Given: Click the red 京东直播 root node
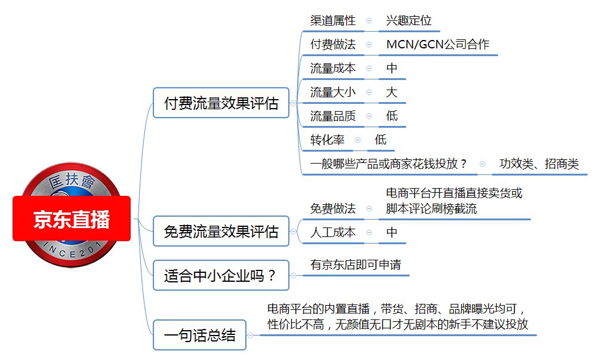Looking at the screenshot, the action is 72,219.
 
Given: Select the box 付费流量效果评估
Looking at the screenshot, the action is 221,103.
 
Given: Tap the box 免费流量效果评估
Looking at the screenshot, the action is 221,231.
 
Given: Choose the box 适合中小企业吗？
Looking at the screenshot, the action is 221,275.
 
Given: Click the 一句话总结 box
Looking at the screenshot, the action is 199,335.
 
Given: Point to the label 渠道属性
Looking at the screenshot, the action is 332,20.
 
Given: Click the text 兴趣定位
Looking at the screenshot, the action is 408,20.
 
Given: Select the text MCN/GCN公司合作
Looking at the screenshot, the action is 437,44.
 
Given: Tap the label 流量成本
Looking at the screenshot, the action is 332,68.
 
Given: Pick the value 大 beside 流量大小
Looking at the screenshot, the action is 392,92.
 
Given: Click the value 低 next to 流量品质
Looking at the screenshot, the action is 392,116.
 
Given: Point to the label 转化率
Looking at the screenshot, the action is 327,140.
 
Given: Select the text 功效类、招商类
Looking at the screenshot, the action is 540,164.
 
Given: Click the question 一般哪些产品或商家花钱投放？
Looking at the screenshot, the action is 389,164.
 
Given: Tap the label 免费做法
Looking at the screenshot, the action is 332,208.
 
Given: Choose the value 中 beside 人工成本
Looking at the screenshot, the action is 392,232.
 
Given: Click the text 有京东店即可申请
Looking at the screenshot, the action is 356,264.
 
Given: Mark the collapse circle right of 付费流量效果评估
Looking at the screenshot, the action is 293,103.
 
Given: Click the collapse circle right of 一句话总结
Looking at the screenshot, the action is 250,335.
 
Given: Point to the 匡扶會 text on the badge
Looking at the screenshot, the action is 72,180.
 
